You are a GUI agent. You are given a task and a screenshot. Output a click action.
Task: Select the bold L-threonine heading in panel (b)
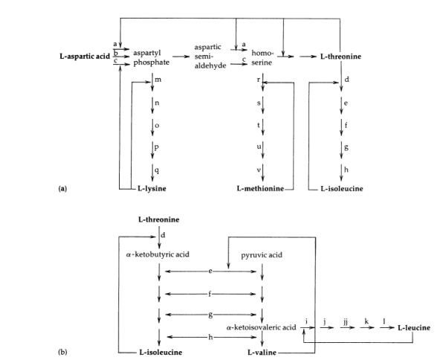(x=160, y=221)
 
